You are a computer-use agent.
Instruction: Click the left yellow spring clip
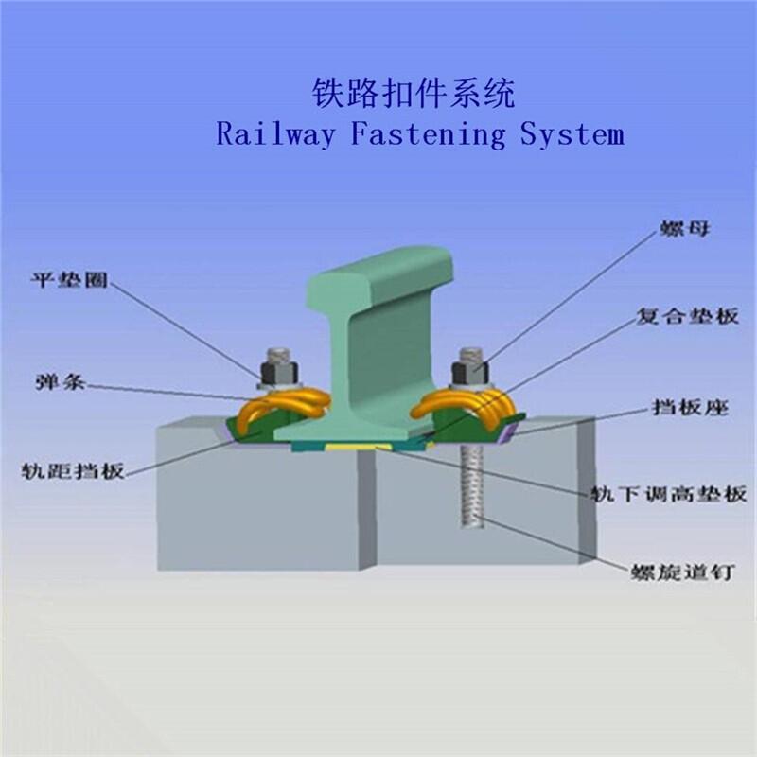pyautogui.click(x=284, y=409)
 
